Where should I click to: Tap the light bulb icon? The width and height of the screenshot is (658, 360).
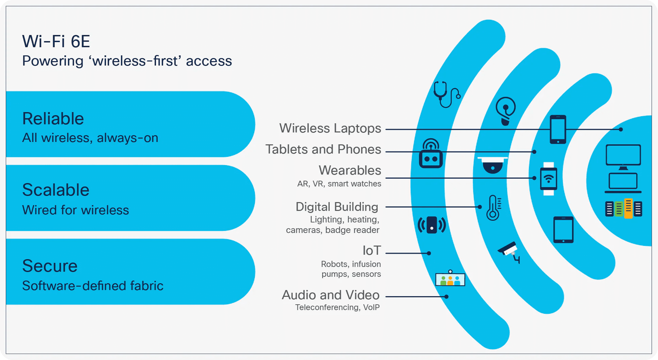coord(505,111)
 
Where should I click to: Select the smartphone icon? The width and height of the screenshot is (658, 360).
coord(558,129)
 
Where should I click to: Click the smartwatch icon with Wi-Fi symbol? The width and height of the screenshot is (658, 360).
coord(549,179)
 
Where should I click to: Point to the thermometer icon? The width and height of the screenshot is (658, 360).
coord(493,208)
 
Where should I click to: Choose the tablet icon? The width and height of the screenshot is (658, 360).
coord(563,230)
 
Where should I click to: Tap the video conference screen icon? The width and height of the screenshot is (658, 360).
coord(450,279)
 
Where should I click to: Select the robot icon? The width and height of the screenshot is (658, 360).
coord(431,154)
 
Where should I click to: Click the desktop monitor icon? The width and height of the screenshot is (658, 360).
coord(623,157)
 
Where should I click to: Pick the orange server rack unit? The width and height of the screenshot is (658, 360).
coord(628,208)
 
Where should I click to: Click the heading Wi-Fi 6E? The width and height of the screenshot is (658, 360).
coord(56,41)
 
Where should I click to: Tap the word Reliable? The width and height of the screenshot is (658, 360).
coord(53,119)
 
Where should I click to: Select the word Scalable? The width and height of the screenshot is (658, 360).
coord(56,190)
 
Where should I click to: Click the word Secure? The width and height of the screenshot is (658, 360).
coord(50,266)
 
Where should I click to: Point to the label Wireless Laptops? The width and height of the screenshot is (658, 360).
coord(330,128)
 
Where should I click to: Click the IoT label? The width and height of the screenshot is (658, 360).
coord(371,251)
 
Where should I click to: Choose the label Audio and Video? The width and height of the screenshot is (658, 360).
coord(330,295)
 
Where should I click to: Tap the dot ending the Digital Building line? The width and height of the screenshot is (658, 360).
coord(480,207)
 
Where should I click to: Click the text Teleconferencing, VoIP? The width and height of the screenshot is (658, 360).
coord(337,307)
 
